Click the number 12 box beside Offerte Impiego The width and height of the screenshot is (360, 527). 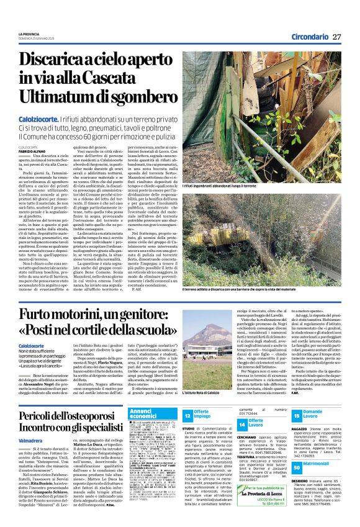point(187,415)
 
